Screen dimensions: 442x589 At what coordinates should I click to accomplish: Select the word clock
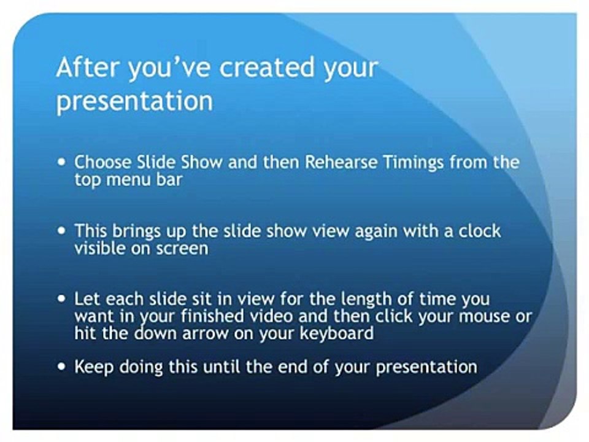pos(478,232)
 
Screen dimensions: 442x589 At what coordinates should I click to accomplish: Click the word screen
pos(183,249)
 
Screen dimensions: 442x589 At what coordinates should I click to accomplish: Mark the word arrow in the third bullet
pos(199,334)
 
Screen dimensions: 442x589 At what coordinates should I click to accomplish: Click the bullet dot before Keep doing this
pos(61,367)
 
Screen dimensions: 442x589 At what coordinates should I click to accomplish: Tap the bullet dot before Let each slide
pos(61,300)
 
